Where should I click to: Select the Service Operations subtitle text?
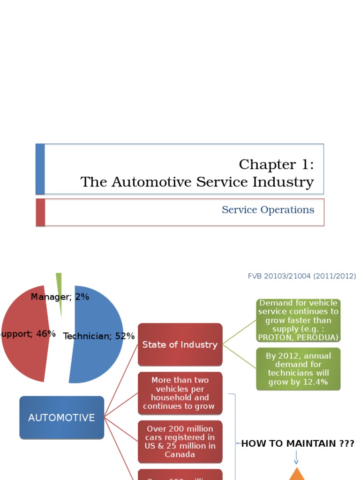[x=268, y=210]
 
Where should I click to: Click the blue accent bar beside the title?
[x=40, y=169]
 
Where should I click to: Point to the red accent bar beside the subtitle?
[x=41, y=212]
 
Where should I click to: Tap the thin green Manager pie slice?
[x=59, y=291]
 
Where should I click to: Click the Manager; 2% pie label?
[x=60, y=297]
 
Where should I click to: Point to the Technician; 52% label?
[x=99, y=336]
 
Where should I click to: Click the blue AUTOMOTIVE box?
[x=61, y=418]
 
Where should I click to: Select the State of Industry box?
[x=180, y=345]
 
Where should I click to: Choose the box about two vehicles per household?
[x=180, y=393]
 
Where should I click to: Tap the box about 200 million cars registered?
[x=180, y=442]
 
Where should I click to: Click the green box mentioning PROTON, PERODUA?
[x=298, y=320]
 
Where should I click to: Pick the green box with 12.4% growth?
[x=298, y=369]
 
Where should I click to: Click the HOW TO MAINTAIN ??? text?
[x=298, y=443]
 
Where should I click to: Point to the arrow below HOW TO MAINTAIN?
[x=296, y=457]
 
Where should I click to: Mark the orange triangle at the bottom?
[x=296, y=475]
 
